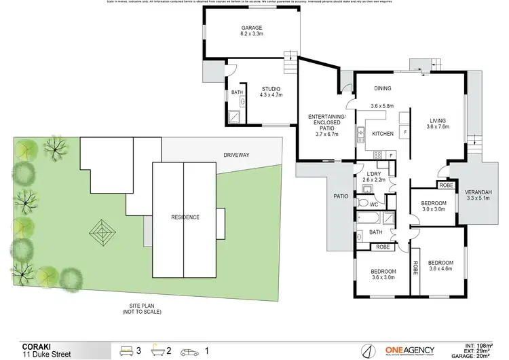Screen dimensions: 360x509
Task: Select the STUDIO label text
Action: pos(271,88)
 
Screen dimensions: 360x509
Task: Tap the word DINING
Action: pos(382,88)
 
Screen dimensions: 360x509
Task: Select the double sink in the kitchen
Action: pos(360,135)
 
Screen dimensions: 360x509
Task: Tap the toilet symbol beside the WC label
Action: pos(362,202)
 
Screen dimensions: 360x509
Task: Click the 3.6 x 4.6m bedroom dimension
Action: pos(440,269)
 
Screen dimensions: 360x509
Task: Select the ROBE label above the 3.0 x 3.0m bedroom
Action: pos(446,185)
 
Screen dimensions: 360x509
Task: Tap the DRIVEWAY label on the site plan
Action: pos(236,156)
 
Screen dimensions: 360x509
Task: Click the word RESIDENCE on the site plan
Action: pos(185,217)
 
